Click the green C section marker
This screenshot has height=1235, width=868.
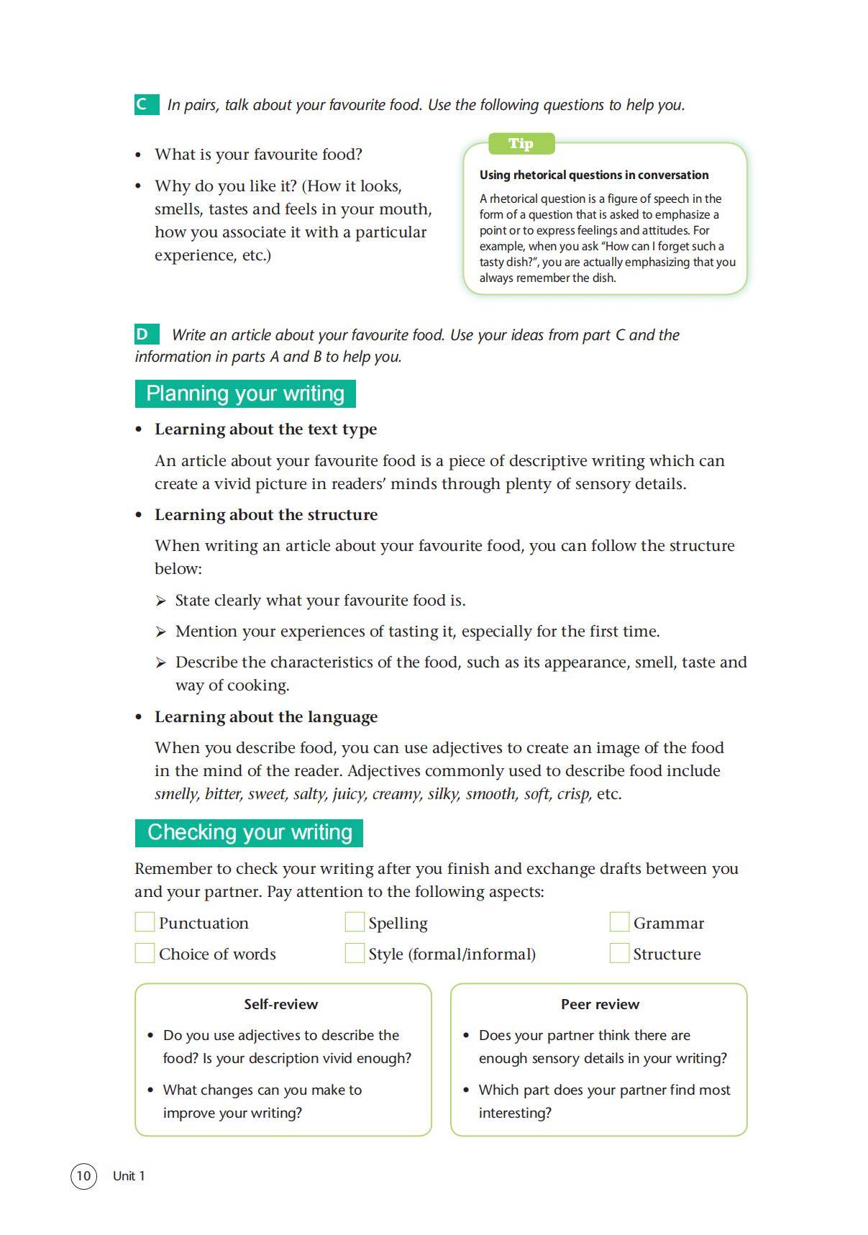[x=146, y=104]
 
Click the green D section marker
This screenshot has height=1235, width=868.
[x=146, y=334]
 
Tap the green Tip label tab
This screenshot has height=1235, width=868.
[x=521, y=143]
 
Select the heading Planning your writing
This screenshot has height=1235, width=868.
[x=245, y=393]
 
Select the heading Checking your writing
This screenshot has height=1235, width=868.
[x=249, y=832]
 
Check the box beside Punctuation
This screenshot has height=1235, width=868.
[x=145, y=922]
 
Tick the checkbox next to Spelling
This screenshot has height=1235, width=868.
[x=355, y=922]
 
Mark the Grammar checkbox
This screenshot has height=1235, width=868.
[x=619, y=922]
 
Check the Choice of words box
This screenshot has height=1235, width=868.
[x=145, y=953]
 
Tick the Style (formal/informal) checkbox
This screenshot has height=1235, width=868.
[x=355, y=953]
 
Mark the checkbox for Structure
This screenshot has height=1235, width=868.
[x=619, y=953]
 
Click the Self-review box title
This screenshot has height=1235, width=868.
[x=280, y=1004]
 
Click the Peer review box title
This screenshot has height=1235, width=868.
[x=600, y=1004]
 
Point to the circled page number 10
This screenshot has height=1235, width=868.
[x=83, y=1176]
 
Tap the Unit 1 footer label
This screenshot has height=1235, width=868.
[x=129, y=1176]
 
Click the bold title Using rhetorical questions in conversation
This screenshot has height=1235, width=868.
[x=594, y=175]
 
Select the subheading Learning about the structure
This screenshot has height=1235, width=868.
[x=266, y=515]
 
